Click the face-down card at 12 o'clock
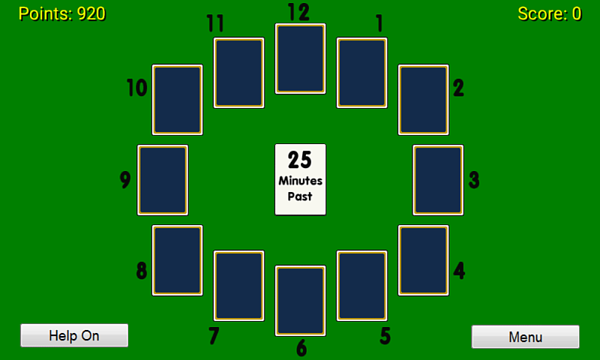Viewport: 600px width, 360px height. click(301, 58)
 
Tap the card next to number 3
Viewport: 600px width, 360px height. click(438, 180)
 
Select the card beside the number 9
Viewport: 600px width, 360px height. click(163, 180)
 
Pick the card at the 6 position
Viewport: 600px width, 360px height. click(301, 301)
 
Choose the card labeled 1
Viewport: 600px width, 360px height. click(362, 73)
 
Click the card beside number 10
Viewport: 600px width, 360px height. click(178, 100)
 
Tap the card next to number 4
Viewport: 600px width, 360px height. click(424, 260)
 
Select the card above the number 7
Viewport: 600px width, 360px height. click(238, 286)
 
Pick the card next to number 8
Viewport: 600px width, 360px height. click(178, 260)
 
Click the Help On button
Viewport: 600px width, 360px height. click(74, 335)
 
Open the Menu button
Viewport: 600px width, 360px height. click(526, 337)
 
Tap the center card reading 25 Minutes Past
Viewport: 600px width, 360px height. click(301, 180)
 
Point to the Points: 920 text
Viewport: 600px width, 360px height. click(62, 13)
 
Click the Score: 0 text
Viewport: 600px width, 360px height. click(550, 13)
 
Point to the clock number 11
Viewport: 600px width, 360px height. click(215, 23)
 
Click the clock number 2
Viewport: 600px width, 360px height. click(458, 88)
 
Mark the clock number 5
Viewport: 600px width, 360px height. click(385, 336)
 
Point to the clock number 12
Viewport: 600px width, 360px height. click(298, 12)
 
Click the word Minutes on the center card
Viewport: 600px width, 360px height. click(301, 181)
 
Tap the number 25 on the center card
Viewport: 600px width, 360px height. click(300, 160)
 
